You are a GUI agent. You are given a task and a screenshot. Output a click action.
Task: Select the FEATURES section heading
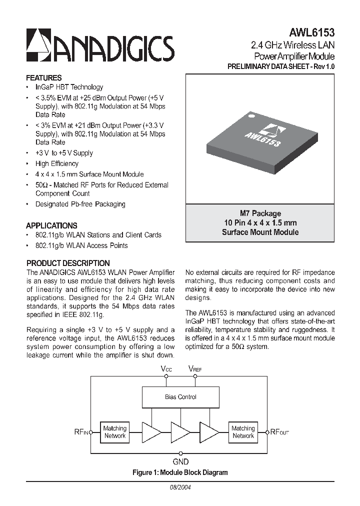pos(44,78)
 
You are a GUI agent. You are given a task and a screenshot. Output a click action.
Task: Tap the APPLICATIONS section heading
pos(51,225)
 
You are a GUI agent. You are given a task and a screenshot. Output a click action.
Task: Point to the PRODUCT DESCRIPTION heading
pos(68,263)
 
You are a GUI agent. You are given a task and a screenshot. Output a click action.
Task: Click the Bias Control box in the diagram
pos(180,397)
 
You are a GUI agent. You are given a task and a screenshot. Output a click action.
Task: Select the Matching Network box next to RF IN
pos(115,432)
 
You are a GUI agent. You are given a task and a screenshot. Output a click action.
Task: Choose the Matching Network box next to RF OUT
pos(243,432)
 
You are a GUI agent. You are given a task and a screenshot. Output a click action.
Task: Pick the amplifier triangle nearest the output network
pos(208,432)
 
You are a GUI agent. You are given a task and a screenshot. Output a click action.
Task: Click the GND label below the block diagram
pos(180,462)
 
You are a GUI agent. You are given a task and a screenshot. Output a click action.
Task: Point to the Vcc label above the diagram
pos(166,368)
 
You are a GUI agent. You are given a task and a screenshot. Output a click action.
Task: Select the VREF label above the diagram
pos(194,368)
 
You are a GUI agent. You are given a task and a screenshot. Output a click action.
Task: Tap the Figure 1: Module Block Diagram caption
pos(180,472)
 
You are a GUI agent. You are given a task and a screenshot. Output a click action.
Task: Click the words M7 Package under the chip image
pos(260,213)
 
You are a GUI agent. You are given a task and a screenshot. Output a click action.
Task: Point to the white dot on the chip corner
pos(252,118)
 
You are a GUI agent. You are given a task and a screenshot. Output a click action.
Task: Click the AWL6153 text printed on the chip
pos(262,138)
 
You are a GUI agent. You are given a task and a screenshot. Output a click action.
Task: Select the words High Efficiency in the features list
pos(56,163)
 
